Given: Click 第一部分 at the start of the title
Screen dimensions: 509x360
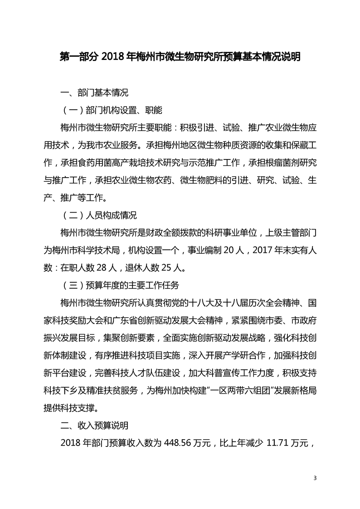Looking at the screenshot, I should (80, 58).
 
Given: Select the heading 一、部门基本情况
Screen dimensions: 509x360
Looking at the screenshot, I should (95, 93).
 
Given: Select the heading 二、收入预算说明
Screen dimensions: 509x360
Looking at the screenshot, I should (95, 426).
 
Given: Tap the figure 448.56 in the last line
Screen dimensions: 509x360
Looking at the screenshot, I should (170, 443).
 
